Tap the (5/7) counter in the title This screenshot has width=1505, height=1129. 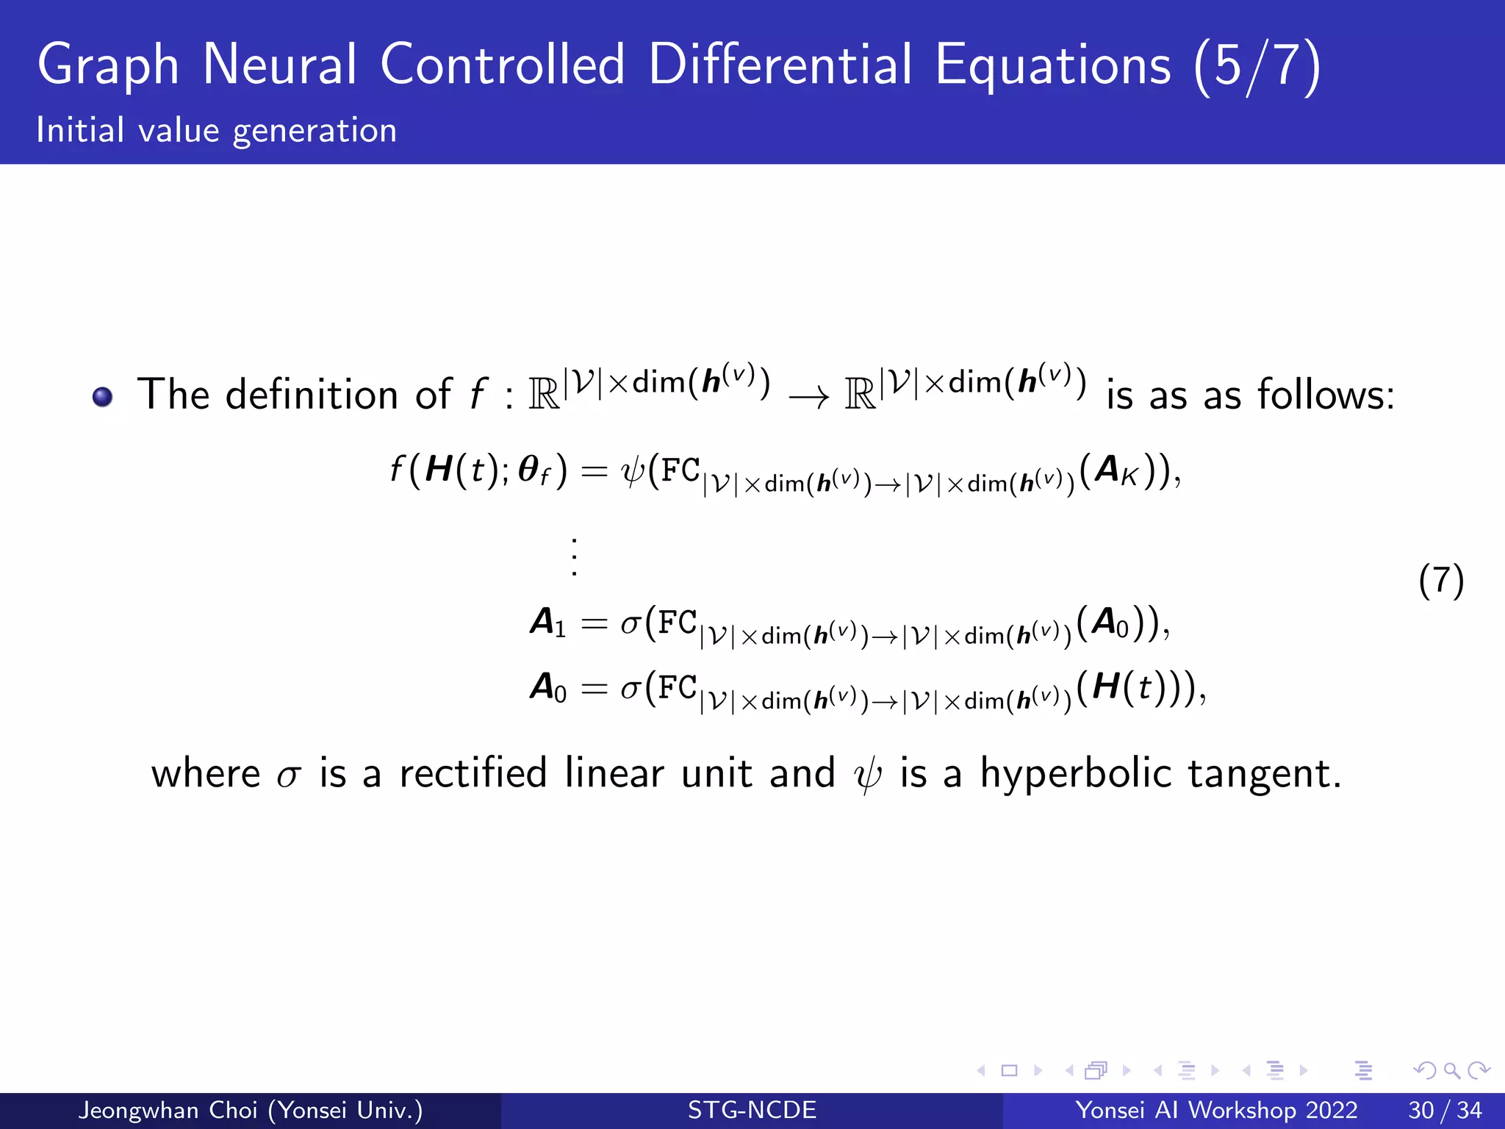coord(1257,66)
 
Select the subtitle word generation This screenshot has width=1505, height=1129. coord(315,132)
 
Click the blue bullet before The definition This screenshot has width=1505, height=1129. coord(103,397)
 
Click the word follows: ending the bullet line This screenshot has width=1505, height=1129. coord(1325,395)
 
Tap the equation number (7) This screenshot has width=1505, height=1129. coord(1441,581)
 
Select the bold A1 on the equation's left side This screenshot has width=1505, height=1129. coord(548,623)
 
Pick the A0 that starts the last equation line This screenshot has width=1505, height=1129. coord(548,688)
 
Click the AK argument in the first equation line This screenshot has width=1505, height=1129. coord(1116,470)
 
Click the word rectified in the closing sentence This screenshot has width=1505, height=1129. coord(473,773)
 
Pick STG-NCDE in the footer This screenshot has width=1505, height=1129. coord(752,1110)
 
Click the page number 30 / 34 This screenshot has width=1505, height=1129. coord(1445,1110)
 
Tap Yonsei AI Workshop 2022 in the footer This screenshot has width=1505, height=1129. coord(1216,1110)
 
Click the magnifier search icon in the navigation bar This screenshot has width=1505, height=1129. coord(1451,1070)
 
